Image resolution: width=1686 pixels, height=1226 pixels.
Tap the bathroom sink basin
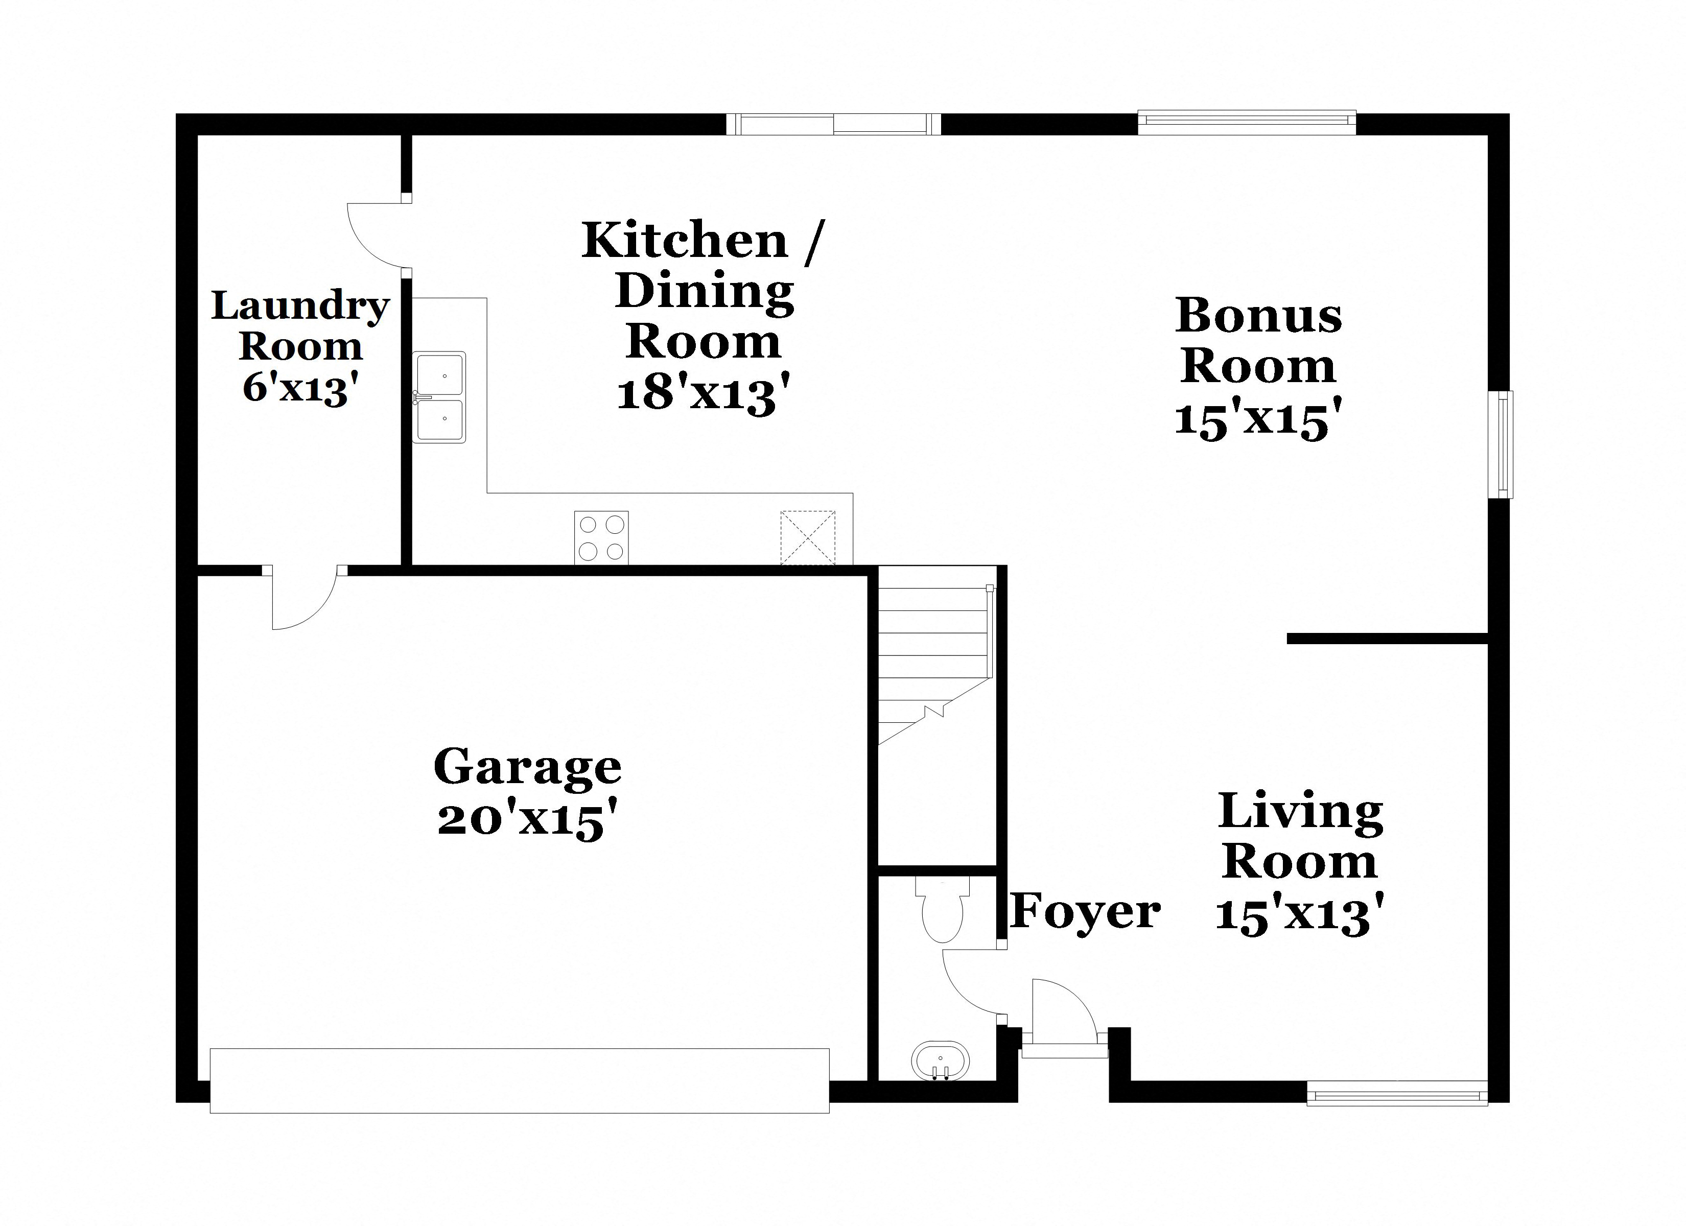tap(941, 1059)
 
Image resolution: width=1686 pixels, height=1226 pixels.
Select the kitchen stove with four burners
tap(601, 537)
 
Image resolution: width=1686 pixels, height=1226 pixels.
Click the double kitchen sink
tap(439, 398)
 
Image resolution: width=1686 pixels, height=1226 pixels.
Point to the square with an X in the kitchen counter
tap(807, 537)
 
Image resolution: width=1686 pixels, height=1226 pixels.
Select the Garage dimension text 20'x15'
tap(528, 821)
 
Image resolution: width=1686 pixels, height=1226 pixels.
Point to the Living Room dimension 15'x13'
tap(1299, 914)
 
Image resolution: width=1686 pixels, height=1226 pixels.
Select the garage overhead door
tap(519, 1080)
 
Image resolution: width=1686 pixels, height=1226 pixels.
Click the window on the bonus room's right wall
tap(1505, 444)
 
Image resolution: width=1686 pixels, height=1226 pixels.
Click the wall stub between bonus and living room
tap(1387, 639)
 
